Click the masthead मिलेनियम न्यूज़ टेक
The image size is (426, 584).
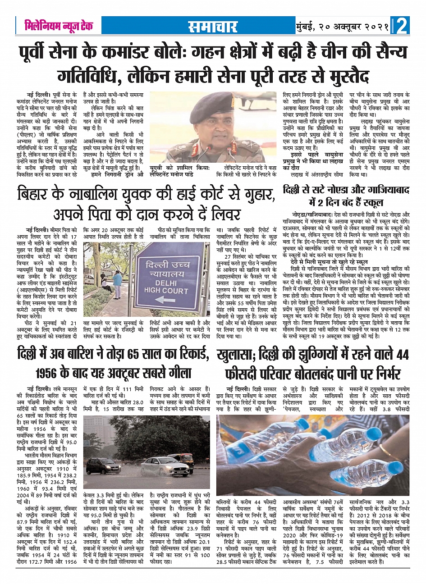point(59,26)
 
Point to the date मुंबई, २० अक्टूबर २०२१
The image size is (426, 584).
point(342,27)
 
